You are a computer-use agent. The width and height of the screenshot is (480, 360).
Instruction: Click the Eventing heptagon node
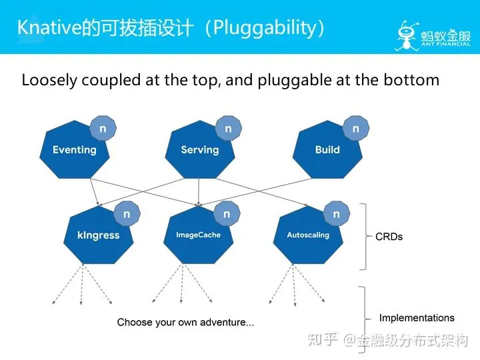(74, 151)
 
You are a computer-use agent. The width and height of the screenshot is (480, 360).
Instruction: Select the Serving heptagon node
(199, 151)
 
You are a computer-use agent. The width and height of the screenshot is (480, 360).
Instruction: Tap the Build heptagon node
(327, 151)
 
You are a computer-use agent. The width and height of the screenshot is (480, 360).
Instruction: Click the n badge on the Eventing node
(103, 129)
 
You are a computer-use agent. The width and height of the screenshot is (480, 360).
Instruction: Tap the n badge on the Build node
(355, 129)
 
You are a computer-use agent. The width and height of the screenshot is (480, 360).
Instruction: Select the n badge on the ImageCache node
(227, 214)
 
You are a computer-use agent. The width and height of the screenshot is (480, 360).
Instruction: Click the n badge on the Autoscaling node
(336, 214)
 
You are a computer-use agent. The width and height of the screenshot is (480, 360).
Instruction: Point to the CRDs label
(389, 237)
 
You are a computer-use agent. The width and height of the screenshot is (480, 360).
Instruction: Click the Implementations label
(417, 318)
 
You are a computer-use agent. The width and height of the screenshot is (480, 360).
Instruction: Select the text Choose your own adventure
(185, 323)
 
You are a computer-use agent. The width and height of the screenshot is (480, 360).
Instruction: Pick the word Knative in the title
(47, 27)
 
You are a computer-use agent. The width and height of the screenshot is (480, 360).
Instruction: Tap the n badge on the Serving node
(228, 129)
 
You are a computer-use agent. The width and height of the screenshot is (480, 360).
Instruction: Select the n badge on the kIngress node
(127, 214)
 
